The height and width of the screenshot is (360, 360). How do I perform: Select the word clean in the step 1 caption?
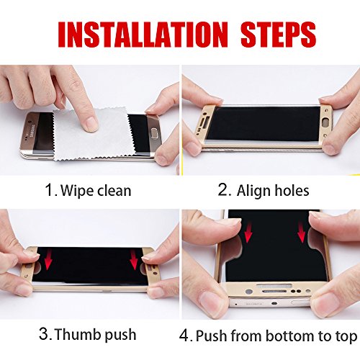pyautogui.click(x=115, y=191)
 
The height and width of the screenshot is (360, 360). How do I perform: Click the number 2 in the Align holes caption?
pyautogui.click(x=223, y=191)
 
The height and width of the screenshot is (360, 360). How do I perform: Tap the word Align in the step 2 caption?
pyautogui.click(x=252, y=192)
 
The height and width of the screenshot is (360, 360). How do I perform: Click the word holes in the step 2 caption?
pyautogui.click(x=291, y=191)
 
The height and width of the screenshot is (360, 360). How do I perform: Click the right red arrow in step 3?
pyautogui.click(x=134, y=260)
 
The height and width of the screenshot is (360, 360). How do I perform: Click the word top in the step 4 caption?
pyautogui.click(x=345, y=336)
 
